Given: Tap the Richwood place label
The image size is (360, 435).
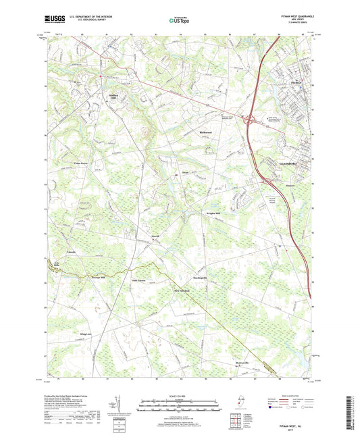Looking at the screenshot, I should (x=207, y=132).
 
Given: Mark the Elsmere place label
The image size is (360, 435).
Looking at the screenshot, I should (x=287, y=181).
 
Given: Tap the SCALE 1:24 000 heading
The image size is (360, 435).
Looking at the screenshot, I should (x=179, y=396).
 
